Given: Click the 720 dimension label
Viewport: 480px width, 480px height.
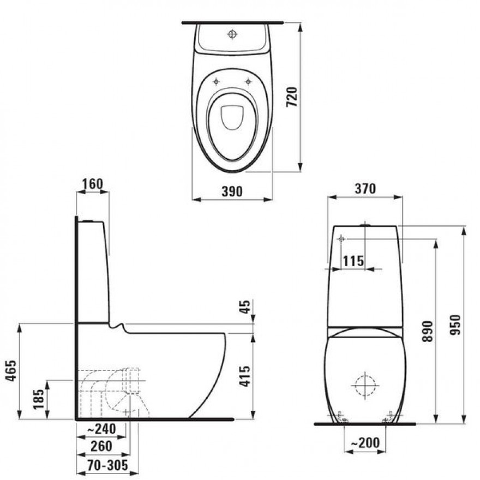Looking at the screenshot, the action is pos(292,97).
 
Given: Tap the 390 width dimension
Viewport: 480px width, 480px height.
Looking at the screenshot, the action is pos(232,191).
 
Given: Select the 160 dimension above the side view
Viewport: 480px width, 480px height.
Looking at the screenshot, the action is pos(92,184).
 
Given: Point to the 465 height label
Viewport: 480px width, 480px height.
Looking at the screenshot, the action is pos(11,371).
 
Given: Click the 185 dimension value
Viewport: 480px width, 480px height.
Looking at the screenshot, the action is pos(38,399).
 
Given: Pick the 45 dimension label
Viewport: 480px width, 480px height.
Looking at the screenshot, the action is pos(244,307).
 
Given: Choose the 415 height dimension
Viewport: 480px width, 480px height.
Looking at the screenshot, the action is pos(244,376).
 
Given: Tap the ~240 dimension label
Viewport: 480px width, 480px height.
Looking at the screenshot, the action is pos(101,429).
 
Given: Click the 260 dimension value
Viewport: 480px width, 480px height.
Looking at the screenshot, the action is pos(101,446).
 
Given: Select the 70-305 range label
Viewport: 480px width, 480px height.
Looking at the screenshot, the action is pos(107,466).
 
